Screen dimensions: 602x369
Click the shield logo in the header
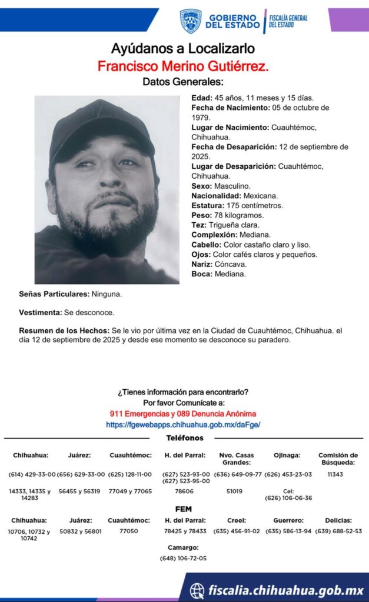190,21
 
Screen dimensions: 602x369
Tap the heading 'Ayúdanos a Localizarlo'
183,49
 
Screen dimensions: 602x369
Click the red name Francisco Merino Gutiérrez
183,66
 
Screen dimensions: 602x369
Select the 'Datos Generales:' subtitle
183,82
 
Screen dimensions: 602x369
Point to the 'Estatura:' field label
207,206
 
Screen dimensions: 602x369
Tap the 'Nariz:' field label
202,265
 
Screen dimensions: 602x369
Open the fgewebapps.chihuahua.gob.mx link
183,424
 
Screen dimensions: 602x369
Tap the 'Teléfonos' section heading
185,438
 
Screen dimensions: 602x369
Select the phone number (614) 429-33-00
32,474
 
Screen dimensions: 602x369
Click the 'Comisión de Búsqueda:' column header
338,459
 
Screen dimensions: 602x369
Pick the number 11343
335,474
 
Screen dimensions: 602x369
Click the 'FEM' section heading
184,509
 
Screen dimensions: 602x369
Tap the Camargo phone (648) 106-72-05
183,558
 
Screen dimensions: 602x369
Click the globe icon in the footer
198,590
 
